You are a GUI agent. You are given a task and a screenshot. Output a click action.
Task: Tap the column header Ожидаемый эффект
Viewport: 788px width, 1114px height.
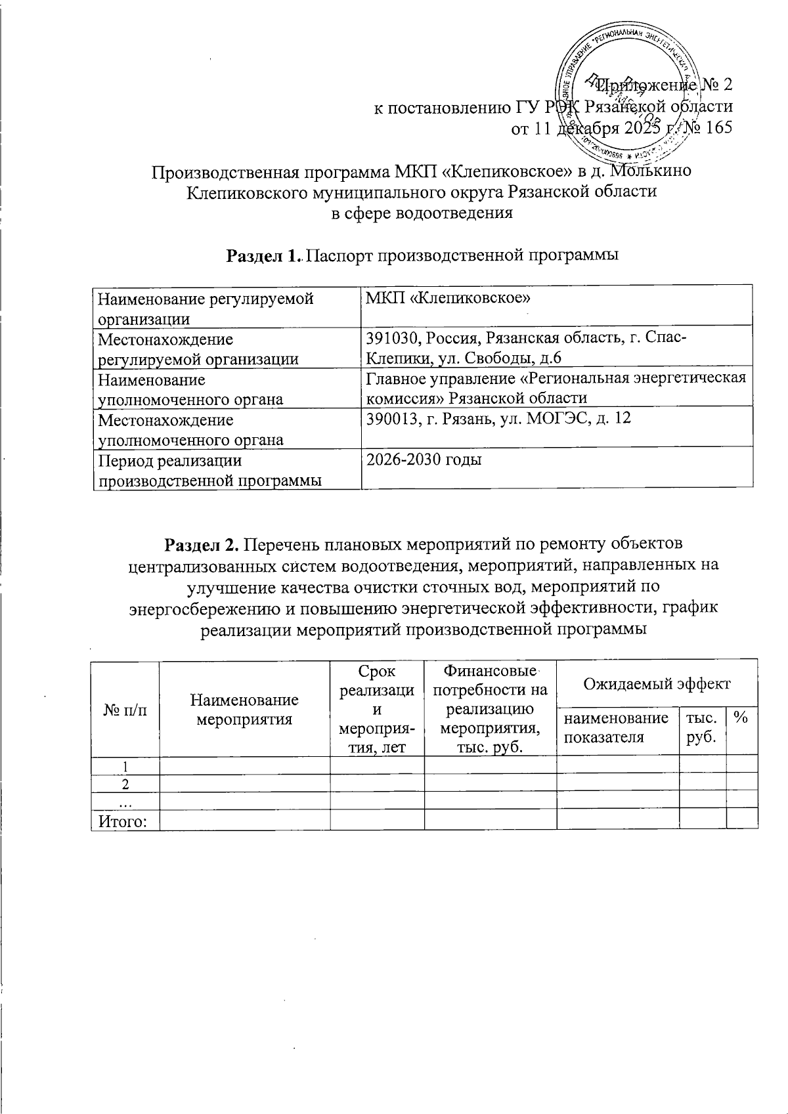[x=656, y=683]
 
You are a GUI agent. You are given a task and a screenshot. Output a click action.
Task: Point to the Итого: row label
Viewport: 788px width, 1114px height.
[x=122, y=821]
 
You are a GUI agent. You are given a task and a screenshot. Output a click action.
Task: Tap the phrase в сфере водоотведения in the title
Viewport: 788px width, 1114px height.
[x=420, y=213]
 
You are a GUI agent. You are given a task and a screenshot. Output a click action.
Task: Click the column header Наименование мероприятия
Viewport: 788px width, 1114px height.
[x=244, y=709]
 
